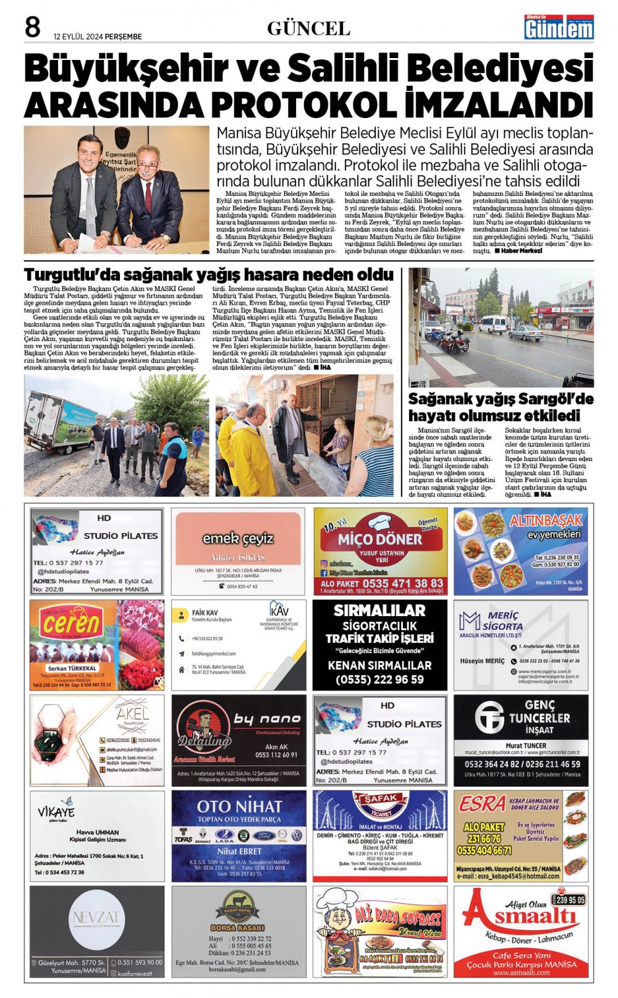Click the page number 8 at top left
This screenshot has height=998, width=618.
point(32,28)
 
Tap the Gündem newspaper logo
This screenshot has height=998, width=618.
point(559,27)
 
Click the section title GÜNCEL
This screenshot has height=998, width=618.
point(308,28)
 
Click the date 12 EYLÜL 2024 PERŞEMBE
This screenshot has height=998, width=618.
point(98,36)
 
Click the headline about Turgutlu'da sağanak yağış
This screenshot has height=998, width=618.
point(209,274)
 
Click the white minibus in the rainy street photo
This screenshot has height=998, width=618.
point(492,324)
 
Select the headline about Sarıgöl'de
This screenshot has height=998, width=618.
point(501,407)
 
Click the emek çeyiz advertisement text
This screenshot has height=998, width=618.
point(238,538)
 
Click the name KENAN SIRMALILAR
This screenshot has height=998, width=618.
point(379,666)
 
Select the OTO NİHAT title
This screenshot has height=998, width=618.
point(239,806)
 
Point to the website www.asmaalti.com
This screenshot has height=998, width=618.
point(521,973)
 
